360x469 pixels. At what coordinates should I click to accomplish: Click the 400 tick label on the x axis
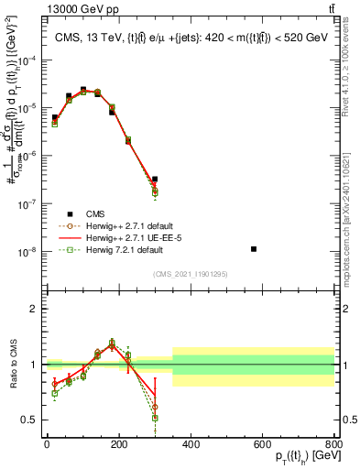pyautogui.click(x=191, y=444)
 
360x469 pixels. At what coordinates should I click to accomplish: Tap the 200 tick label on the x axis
pyautogui.click(x=119, y=444)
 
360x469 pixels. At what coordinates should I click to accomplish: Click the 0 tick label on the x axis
pyautogui.click(x=47, y=444)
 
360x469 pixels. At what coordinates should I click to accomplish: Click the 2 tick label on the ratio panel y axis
pyautogui.click(x=35, y=309)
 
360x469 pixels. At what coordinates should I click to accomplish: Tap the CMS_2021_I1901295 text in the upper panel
pyautogui.click(x=189, y=273)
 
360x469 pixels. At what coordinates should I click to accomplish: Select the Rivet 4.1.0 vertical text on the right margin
pyautogui.click(x=351, y=64)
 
